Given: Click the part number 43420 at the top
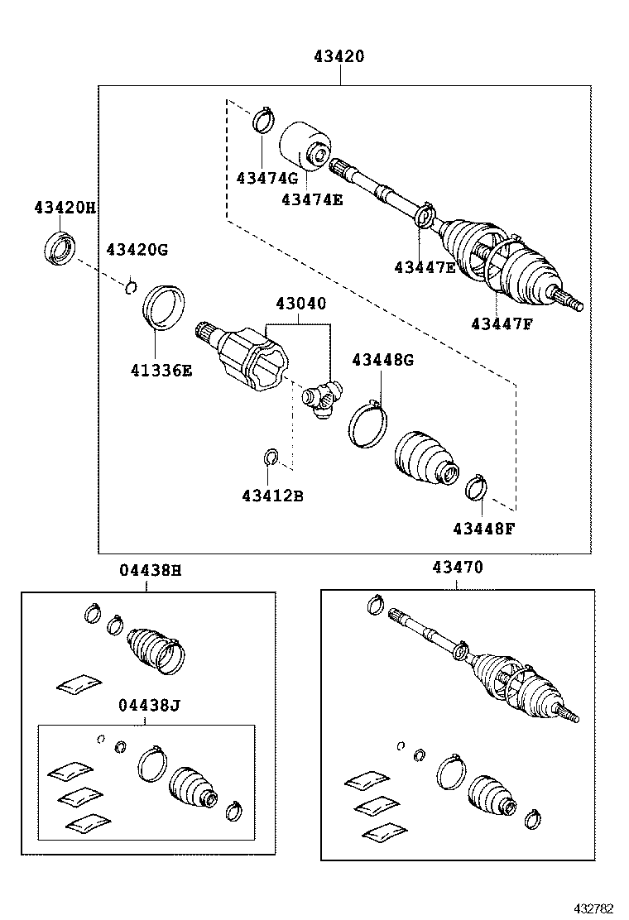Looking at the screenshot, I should [339, 57].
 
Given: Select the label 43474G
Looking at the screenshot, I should [266, 178].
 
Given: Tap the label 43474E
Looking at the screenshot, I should [312, 199].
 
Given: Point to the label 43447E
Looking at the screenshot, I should [425, 266].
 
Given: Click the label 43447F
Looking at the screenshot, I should [502, 323].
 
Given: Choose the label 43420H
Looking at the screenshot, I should [65, 208].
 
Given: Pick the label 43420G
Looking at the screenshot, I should [137, 249].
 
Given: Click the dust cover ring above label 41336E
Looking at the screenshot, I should [163, 306].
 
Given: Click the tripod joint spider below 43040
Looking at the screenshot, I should [322, 399].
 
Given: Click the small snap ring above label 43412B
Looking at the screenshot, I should [271, 457].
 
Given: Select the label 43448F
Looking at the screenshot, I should [483, 527].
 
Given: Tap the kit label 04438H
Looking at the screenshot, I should [149, 570].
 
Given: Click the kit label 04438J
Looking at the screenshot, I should [149, 705].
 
